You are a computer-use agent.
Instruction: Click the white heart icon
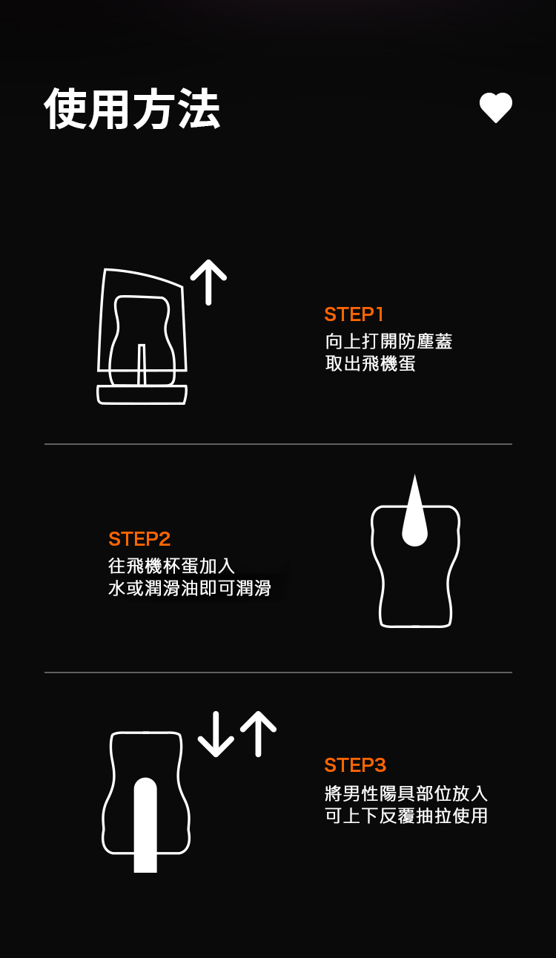click(x=496, y=108)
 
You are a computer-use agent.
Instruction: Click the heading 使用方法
click(x=132, y=109)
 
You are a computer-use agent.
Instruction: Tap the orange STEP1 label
click(x=354, y=314)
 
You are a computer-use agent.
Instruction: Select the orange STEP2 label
click(x=139, y=539)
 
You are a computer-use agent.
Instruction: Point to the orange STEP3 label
click(x=355, y=765)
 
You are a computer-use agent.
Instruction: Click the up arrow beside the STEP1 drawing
click(x=209, y=283)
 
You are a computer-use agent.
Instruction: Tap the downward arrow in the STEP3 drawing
click(x=216, y=734)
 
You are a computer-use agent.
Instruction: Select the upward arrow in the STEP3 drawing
click(x=258, y=734)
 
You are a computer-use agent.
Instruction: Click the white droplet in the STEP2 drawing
click(x=414, y=510)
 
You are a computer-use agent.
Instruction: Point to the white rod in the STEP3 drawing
click(x=145, y=825)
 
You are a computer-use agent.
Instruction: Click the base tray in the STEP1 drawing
click(x=142, y=394)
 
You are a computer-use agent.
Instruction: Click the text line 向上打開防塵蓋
click(x=388, y=341)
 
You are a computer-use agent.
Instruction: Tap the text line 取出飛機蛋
click(x=370, y=363)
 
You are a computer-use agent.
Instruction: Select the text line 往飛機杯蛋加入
click(x=171, y=566)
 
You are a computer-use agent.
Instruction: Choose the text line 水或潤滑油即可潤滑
click(x=190, y=588)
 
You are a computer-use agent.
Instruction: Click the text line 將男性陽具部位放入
click(x=406, y=793)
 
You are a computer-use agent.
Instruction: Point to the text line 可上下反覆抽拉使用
click(x=406, y=816)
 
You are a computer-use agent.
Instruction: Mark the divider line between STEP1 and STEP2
click(x=278, y=444)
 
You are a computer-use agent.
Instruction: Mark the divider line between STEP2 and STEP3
click(x=278, y=673)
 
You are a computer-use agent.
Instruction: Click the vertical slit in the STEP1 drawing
click(x=142, y=364)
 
